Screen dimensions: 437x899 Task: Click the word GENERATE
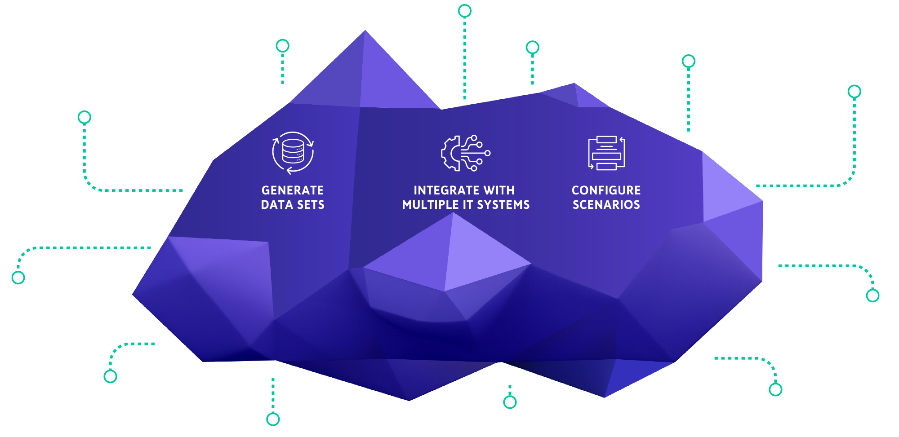click(x=292, y=190)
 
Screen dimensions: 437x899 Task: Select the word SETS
click(x=311, y=205)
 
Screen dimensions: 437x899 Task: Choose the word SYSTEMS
click(x=503, y=205)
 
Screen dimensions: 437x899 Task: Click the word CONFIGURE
click(x=606, y=190)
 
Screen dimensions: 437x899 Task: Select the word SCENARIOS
click(x=606, y=205)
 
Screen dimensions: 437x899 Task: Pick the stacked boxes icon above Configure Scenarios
click(x=606, y=153)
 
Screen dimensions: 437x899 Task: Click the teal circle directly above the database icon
click(x=282, y=45)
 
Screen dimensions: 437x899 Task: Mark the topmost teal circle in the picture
click(x=464, y=11)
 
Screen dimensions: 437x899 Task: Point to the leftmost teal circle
click(x=18, y=278)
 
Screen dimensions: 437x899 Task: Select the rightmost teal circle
click(x=872, y=296)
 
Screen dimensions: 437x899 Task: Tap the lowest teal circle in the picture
click(x=273, y=419)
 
